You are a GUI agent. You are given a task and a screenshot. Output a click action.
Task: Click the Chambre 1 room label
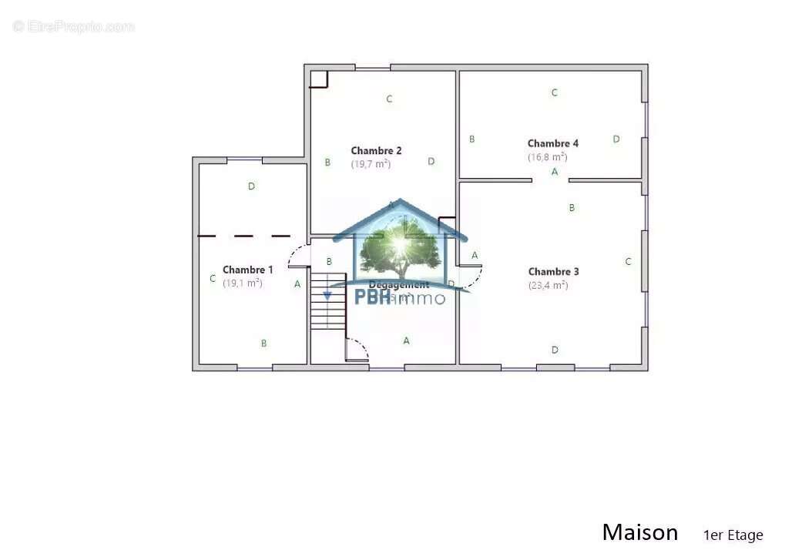point(247,270)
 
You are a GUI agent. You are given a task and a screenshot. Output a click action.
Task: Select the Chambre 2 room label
point(376,151)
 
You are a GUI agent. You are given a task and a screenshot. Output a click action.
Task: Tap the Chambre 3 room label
point(553,272)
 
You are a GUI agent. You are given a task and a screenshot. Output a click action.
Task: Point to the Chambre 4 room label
point(552,143)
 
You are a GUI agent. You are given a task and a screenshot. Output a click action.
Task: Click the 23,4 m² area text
point(548,285)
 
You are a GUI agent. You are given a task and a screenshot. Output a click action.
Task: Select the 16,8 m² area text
point(547,157)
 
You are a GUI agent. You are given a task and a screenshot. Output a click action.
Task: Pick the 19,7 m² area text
point(371,164)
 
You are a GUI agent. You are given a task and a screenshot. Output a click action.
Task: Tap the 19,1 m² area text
point(243,283)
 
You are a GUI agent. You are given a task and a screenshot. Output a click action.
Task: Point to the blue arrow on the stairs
point(327,294)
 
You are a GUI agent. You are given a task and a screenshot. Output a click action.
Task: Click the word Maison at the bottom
point(639,532)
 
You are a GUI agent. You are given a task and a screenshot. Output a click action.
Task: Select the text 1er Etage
point(733,535)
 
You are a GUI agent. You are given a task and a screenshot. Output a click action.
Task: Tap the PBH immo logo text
point(399,297)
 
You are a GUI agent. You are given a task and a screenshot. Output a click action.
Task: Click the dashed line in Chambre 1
point(244,236)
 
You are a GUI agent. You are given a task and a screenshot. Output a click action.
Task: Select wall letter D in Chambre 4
point(616,139)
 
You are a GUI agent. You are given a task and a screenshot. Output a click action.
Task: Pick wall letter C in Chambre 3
point(628,262)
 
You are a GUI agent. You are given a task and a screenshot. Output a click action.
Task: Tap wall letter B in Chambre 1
point(263,344)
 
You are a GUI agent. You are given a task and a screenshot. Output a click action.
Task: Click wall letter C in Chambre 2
point(389,99)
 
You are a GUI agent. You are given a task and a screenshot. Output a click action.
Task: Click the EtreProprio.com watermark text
point(73,26)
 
